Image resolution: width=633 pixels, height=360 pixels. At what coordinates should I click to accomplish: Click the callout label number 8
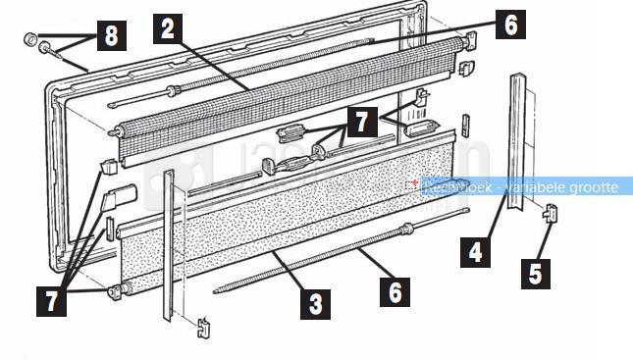[112, 35]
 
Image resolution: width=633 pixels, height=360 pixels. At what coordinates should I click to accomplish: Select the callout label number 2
[168, 29]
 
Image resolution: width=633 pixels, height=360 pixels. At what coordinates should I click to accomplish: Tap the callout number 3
[315, 304]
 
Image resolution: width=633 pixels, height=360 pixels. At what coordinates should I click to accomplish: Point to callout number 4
[476, 253]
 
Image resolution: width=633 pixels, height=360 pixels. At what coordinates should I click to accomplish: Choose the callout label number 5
[536, 274]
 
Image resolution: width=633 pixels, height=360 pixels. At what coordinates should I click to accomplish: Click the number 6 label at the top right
[510, 25]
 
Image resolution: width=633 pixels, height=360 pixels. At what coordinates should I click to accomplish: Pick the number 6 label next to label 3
[395, 291]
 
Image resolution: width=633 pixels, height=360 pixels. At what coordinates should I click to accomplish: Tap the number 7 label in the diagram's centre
[362, 122]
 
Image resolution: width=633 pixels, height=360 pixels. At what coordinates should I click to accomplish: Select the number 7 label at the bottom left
[52, 301]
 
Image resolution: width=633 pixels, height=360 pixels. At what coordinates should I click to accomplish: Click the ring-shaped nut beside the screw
[30, 39]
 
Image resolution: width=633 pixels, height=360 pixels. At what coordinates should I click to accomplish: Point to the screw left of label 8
[50, 51]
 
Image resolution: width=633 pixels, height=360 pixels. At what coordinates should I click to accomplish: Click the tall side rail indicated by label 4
[518, 141]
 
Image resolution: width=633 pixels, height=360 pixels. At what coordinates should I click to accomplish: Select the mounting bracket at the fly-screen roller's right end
[471, 41]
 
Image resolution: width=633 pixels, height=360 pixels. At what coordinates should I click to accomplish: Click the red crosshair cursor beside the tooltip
[414, 182]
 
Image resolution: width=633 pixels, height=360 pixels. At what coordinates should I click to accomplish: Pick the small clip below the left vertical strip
[204, 328]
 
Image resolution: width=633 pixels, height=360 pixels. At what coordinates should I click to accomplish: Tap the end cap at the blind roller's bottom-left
[115, 291]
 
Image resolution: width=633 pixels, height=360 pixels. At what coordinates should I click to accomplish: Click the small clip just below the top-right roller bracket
[467, 68]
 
